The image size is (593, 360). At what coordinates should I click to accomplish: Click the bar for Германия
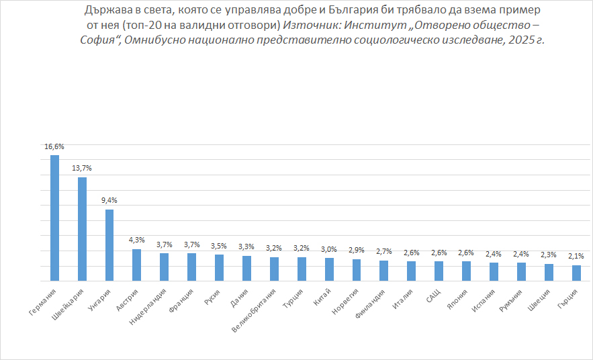point(54,218)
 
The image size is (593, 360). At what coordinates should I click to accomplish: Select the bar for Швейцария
point(82,228)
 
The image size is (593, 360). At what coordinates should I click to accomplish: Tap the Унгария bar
point(109,244)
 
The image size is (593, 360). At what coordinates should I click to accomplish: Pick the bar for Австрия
point(136,265)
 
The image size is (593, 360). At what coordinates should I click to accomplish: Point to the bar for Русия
point(219,267)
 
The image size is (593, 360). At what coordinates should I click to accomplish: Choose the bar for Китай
point(329,269)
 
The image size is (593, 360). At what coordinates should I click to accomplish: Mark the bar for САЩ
point(439,271)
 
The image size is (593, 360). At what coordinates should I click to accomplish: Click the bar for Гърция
point(576,273)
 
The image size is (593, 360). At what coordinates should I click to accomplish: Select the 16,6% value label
point(54,146)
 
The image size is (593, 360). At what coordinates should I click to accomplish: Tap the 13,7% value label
point(82,168)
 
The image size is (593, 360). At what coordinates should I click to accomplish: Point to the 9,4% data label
point(109,200)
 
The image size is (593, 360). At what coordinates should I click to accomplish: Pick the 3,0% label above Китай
point(329,249)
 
